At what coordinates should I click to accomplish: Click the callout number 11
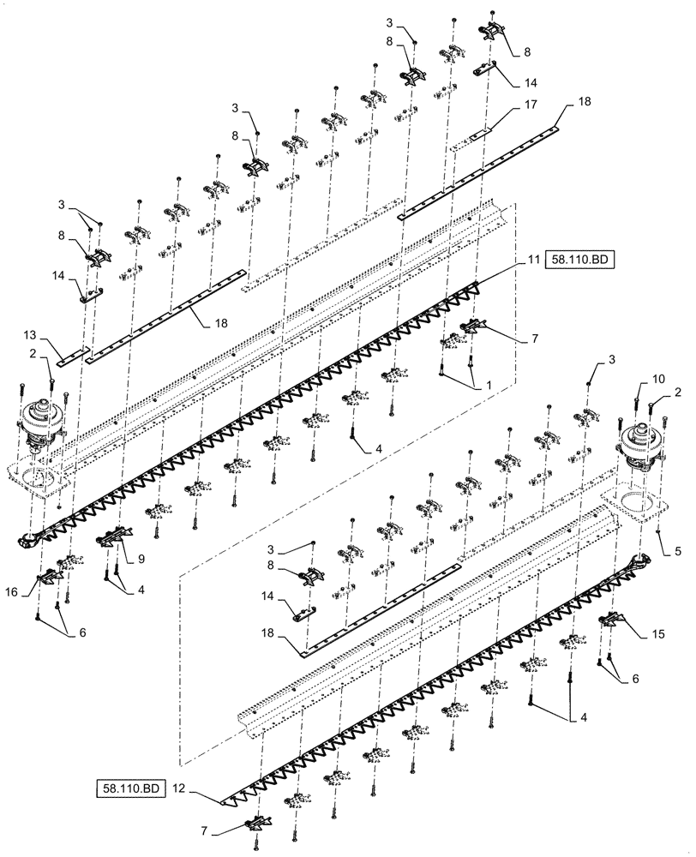(532, 258)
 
